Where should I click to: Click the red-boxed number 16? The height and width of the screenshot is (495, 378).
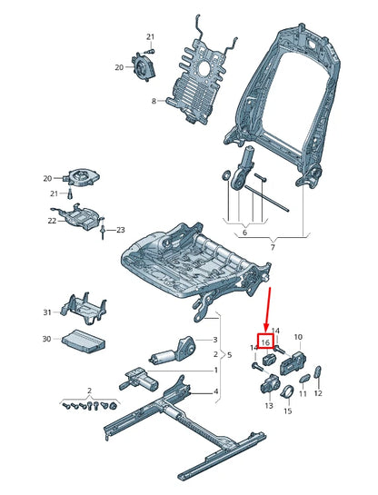point(266,342)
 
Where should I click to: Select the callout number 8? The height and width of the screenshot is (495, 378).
point(154,101)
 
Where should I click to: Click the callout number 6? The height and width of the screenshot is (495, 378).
point(243,233)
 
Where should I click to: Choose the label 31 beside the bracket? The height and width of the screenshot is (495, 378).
point(47,313)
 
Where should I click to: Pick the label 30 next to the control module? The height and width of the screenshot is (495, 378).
point(47,340)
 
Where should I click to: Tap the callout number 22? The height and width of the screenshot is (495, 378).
point(51,221)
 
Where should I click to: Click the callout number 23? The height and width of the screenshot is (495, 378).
point(120,230)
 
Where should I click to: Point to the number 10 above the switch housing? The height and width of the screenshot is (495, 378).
point(298,337)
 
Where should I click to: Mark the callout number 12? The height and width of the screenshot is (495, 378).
point(318,393)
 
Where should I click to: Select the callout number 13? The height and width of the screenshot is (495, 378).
point(269,407)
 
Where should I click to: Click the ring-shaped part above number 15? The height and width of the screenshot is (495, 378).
point(288,391)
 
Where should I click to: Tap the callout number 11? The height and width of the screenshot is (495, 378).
point(303,394)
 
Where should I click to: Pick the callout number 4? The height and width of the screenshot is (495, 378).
point(215,391)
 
